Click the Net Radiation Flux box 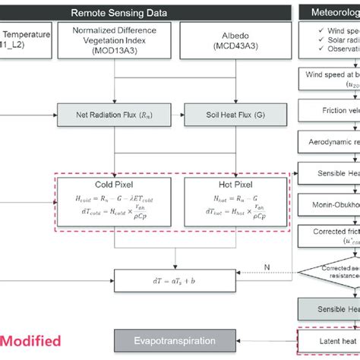[x=114, y=115]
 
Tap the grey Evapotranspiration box [x=163, y=341]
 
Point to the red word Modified [x=30, y=341]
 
